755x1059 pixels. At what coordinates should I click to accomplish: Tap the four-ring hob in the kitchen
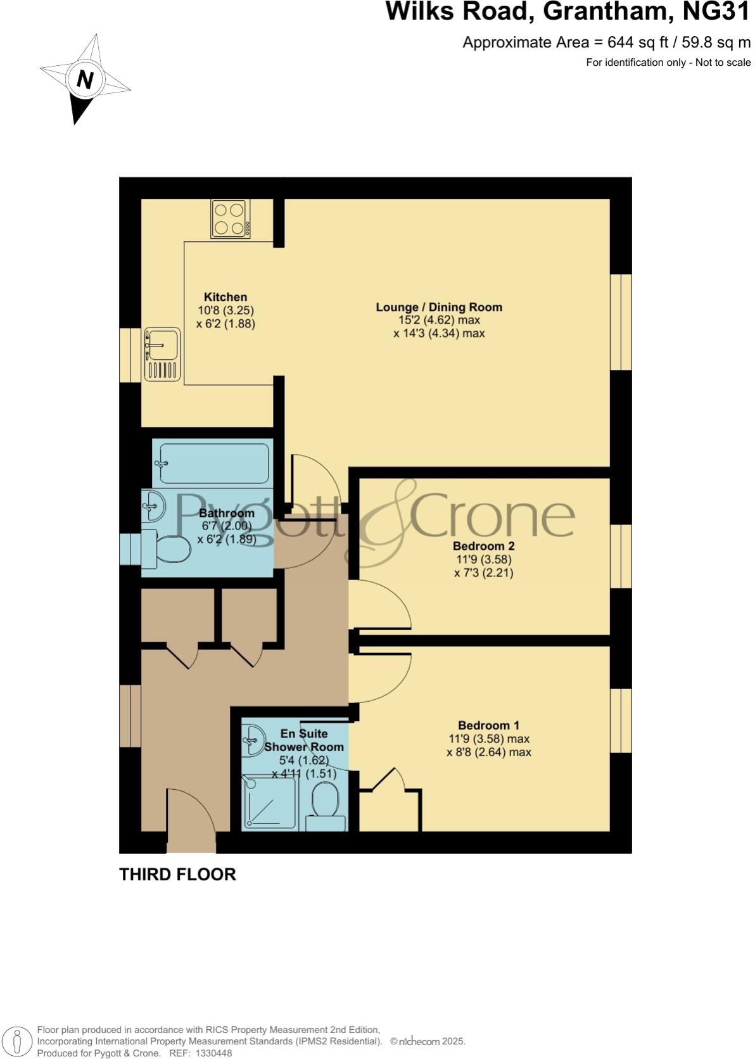[230, 219]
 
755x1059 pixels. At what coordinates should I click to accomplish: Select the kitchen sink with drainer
[162, 354]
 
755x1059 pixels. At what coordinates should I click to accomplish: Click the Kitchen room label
[225, 297]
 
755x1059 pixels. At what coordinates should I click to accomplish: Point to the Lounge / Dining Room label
[439, 307]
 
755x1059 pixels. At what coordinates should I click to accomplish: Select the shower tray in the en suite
[269, 802]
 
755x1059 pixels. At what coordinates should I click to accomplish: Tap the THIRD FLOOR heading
[177, 875]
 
